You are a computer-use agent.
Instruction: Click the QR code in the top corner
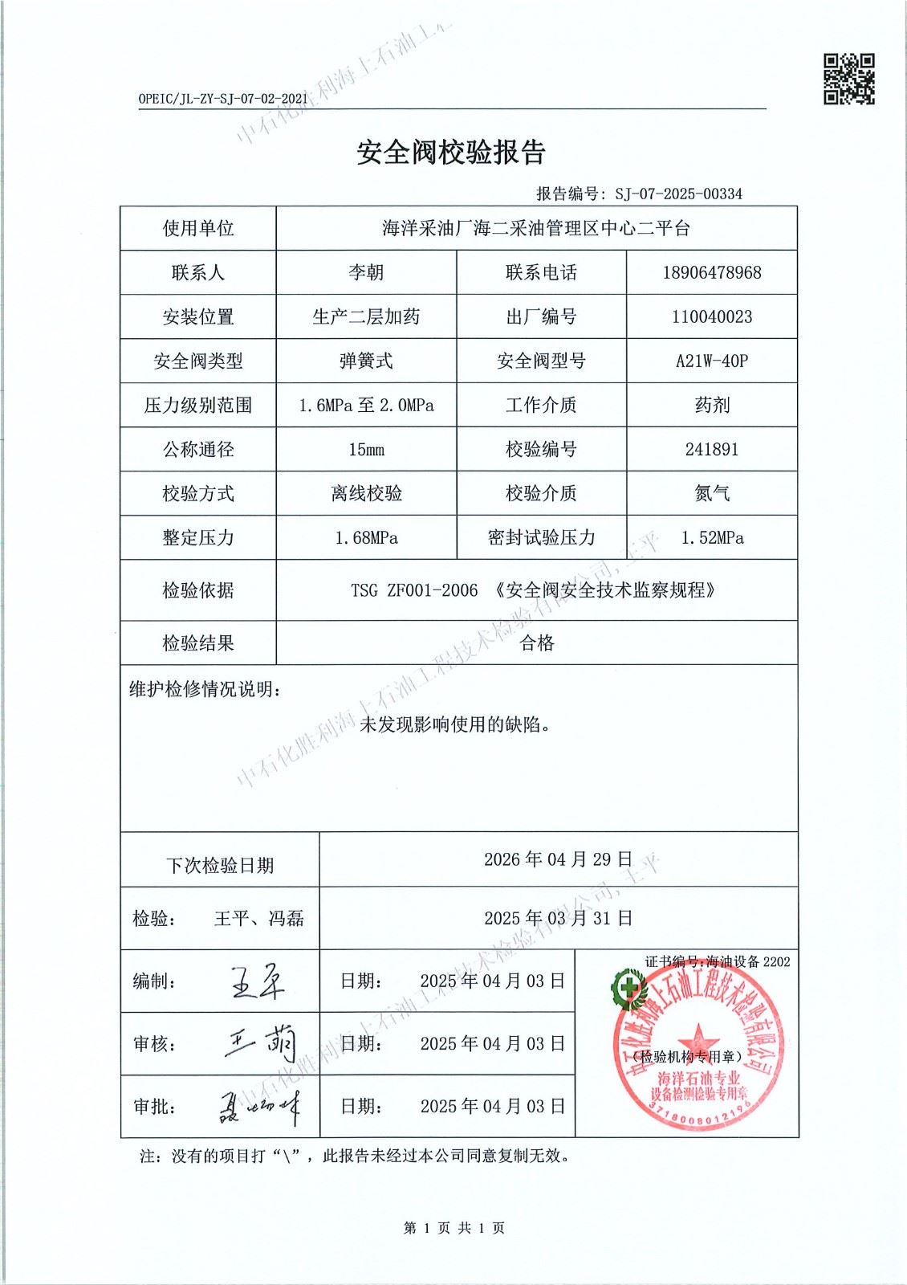pos(849,79)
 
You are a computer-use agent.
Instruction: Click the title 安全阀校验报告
pos(451,152)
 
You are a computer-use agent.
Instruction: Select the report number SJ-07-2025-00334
pos(678,194)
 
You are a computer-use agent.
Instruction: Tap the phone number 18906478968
pos(711,272)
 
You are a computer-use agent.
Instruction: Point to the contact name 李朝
pos(366,272)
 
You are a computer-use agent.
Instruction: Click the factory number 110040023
pos(711,316)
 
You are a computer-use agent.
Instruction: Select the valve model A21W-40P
pos(711,361)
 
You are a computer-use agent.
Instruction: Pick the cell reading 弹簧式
pos(366,361)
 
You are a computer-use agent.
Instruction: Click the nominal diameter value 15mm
pos(366,449)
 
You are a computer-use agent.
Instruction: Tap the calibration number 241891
pos(711,449)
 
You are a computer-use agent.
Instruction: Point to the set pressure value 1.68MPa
pos(366,537)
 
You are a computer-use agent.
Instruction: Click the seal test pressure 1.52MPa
pos(711,537)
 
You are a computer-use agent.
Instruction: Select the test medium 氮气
pos(711,493)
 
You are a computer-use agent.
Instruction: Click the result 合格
pos(537,642)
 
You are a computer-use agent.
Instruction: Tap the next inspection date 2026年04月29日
pos(558,859)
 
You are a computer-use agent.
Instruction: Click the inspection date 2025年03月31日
pos(558,917)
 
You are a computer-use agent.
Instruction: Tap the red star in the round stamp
pos(696,1035)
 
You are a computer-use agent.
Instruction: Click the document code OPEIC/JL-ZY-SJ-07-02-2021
pos(223,98)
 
